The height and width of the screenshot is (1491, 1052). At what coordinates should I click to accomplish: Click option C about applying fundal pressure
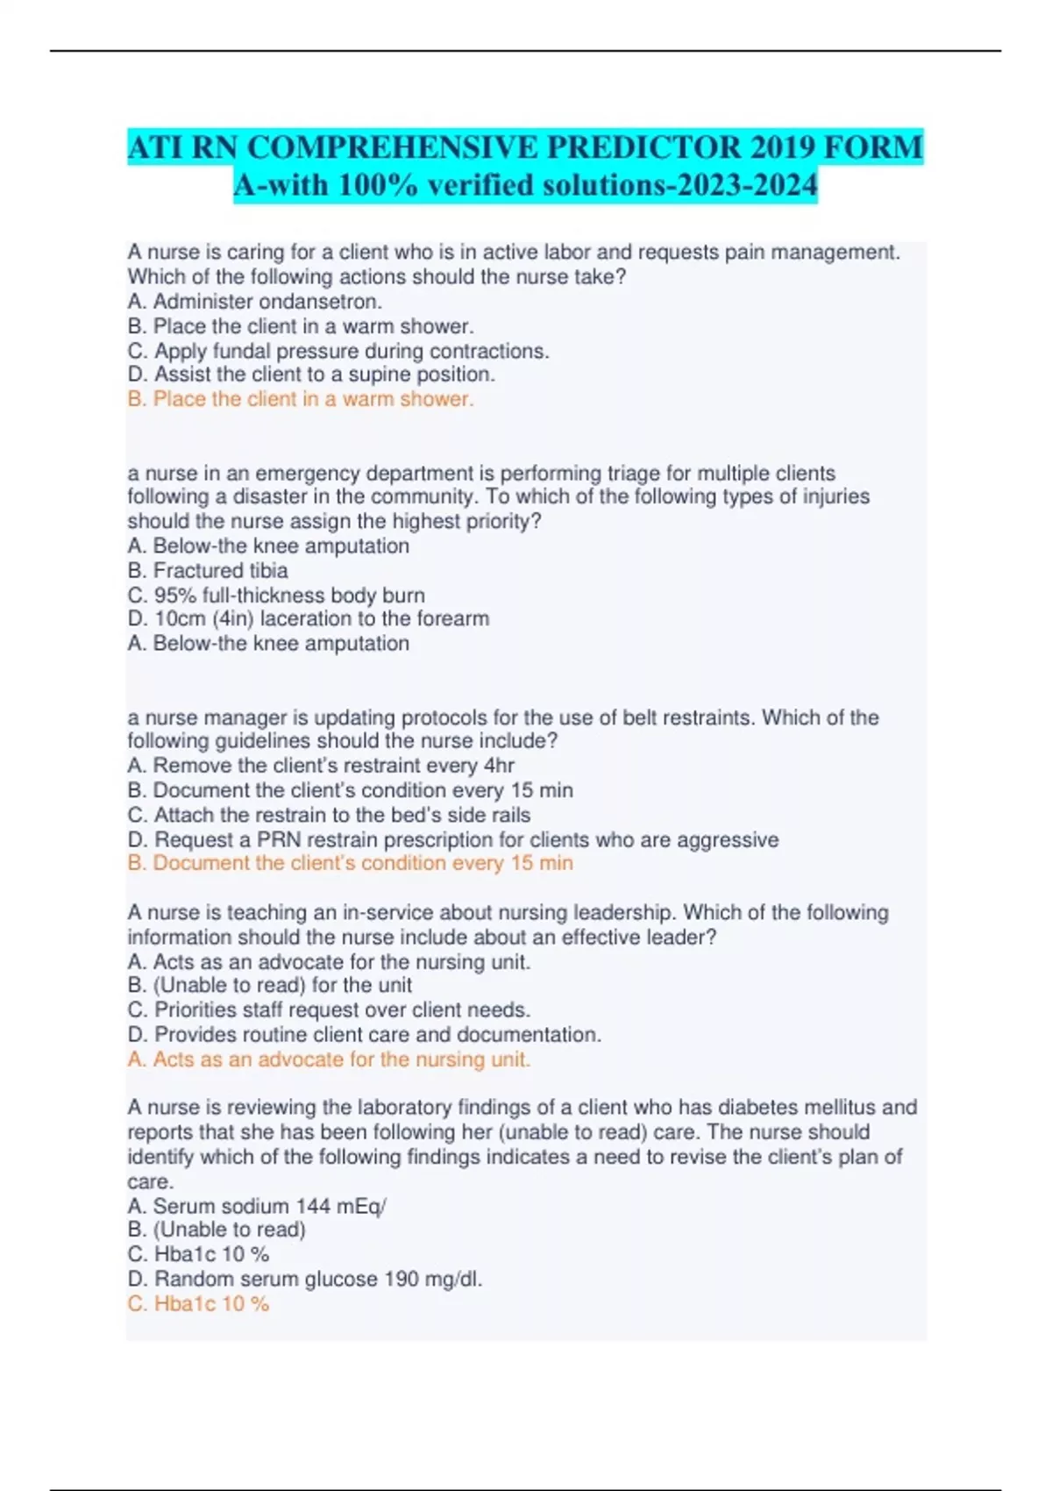tap(338, 351)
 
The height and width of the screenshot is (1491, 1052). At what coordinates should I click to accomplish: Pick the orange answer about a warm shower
tap(301, 399)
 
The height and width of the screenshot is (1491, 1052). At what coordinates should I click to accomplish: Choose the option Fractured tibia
tap(208, 570)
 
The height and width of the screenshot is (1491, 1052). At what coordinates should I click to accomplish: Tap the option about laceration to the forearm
tap(309, 618)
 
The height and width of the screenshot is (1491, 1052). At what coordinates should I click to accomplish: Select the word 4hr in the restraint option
tap(499, 766)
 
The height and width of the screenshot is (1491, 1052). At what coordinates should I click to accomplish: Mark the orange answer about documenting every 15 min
tap(350, 863)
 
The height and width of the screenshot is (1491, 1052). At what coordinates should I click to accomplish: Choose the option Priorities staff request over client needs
tap(329, 1009)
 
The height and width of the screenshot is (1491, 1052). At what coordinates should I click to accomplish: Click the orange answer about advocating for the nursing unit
tap(329, 1059)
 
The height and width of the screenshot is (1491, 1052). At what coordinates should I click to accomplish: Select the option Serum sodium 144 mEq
tap(256, 1206)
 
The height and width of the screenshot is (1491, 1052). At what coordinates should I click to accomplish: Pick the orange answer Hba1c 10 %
tap(198, 1304)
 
